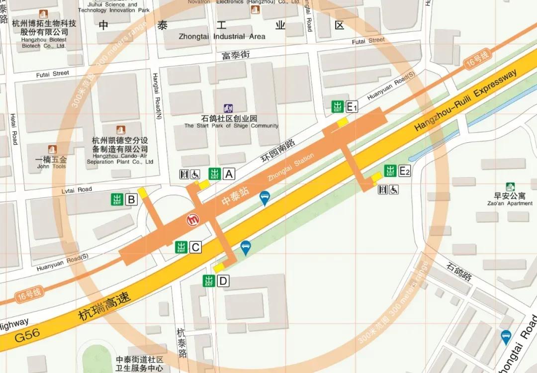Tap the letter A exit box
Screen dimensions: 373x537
(229, 174)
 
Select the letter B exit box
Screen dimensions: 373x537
(131, 200)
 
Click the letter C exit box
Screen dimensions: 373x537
(195, 247)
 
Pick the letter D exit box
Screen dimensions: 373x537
(223, 281)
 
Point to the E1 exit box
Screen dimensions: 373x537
(352, 106)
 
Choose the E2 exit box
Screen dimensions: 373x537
(405, 171)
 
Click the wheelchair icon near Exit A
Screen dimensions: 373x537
(195, 174)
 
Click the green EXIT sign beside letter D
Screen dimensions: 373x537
(209, 281)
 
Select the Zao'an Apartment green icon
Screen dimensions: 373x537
(510, 187)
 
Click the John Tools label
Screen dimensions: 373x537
(51, 166)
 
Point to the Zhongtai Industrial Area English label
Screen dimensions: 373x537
(222, 36)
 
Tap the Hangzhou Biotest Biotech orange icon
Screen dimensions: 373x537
(43, 14)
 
